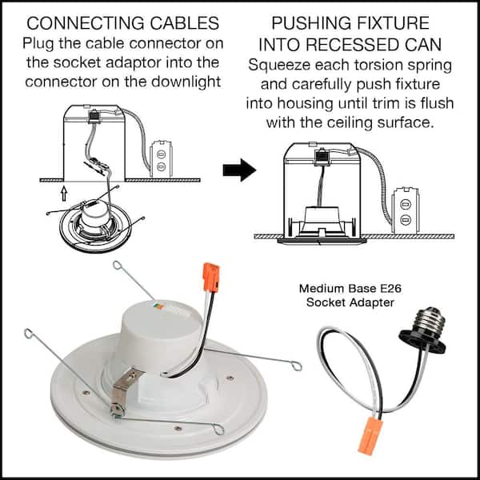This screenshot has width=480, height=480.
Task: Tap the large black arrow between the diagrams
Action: (x=238, y=170)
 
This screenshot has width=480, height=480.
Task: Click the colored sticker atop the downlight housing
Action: (x=158, y=306)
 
